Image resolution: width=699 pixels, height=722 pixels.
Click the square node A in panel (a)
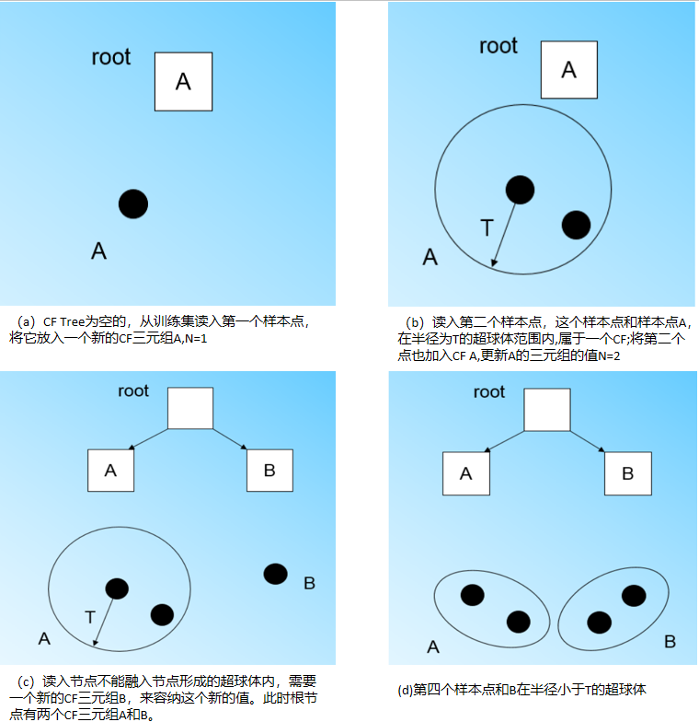183,81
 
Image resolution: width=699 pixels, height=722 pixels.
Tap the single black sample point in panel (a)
133,204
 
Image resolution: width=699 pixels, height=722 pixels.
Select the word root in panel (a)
111,57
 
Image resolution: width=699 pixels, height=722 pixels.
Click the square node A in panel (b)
568,69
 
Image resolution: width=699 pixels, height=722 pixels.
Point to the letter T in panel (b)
487,227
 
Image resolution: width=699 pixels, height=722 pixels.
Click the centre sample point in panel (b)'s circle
520,189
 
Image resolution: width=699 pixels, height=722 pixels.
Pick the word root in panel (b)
498,45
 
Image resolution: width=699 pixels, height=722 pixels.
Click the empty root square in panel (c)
190,408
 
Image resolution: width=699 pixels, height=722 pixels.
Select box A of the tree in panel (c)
110,471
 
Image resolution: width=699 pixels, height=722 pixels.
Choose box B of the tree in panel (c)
269,471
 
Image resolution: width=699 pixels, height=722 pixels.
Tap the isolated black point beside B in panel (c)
275,574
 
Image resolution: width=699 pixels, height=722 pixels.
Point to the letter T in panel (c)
89,617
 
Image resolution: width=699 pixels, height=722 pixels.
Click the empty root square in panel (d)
547,408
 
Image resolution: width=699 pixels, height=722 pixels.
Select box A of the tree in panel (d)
466,473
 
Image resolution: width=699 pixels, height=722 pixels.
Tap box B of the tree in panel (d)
627,473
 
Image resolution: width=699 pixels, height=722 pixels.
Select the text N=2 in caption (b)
606,355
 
